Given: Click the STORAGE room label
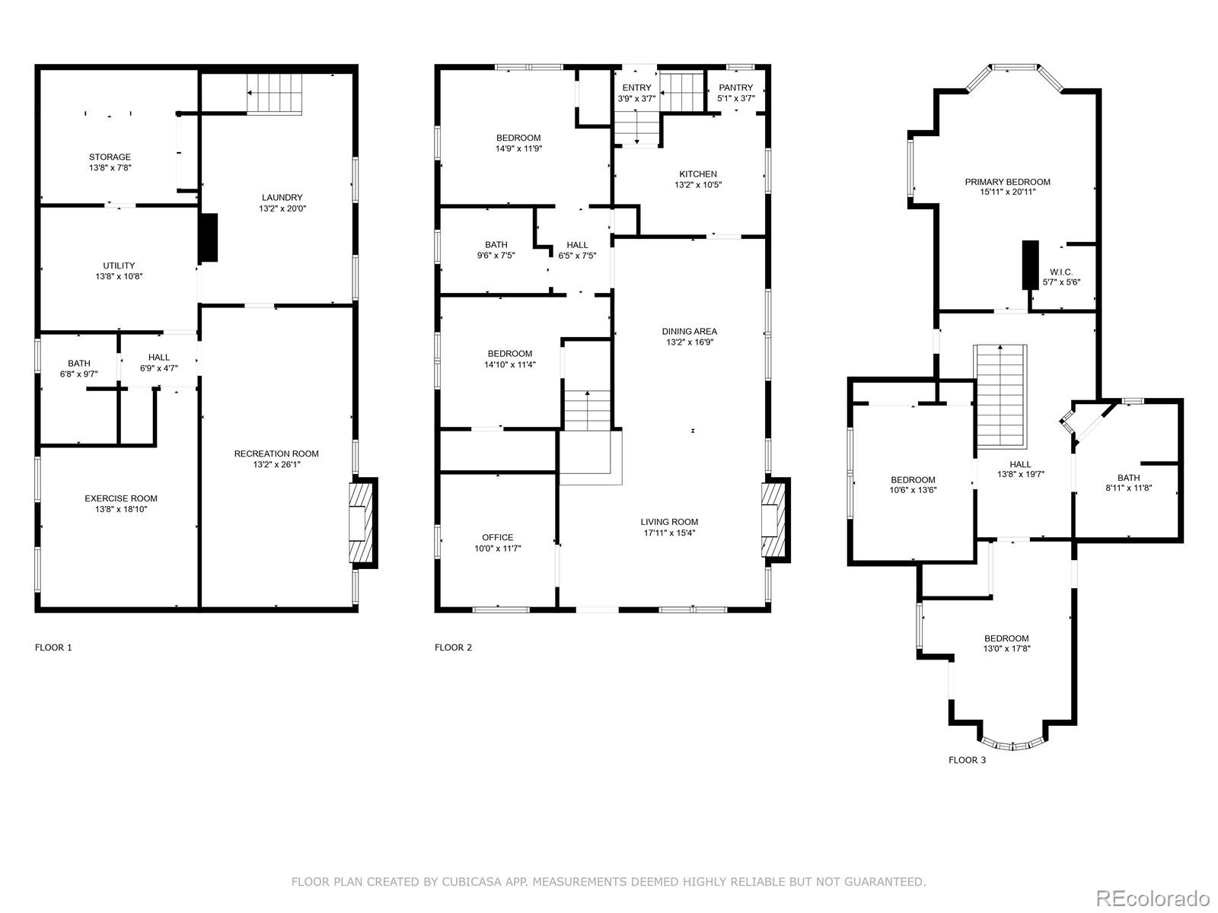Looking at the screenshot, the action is click(x=110, y=157).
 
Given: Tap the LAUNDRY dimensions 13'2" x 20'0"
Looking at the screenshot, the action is click(x=282, y=208).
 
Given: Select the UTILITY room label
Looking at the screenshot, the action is click(x=119, y=266).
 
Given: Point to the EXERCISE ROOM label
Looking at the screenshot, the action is click(x=121, y=498).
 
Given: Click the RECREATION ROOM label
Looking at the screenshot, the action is click(x=276, y=453).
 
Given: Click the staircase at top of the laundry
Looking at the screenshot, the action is click(x=274, y=94).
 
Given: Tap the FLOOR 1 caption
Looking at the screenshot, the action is click(x=53, y=647).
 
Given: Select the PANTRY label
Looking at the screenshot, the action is click(x=736, y=87).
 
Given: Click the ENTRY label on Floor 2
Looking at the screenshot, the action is click(x=636, y=87).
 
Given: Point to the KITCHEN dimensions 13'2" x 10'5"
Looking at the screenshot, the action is click(x=698, y=185).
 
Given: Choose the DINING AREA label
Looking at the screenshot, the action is click(x=689, y=332).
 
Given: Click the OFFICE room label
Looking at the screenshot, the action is click(x=498, y=537).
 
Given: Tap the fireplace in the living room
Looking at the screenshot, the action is click(x=775, y=520).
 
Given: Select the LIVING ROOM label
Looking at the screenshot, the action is click(x=669, y=522).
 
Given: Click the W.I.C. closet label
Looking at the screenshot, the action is click(x=1061, y=272).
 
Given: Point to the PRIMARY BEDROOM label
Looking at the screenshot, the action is click(x=1008, y=182).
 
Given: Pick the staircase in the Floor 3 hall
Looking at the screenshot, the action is click(x=1001, y=397).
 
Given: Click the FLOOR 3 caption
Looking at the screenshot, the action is click(x=968, y=759).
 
